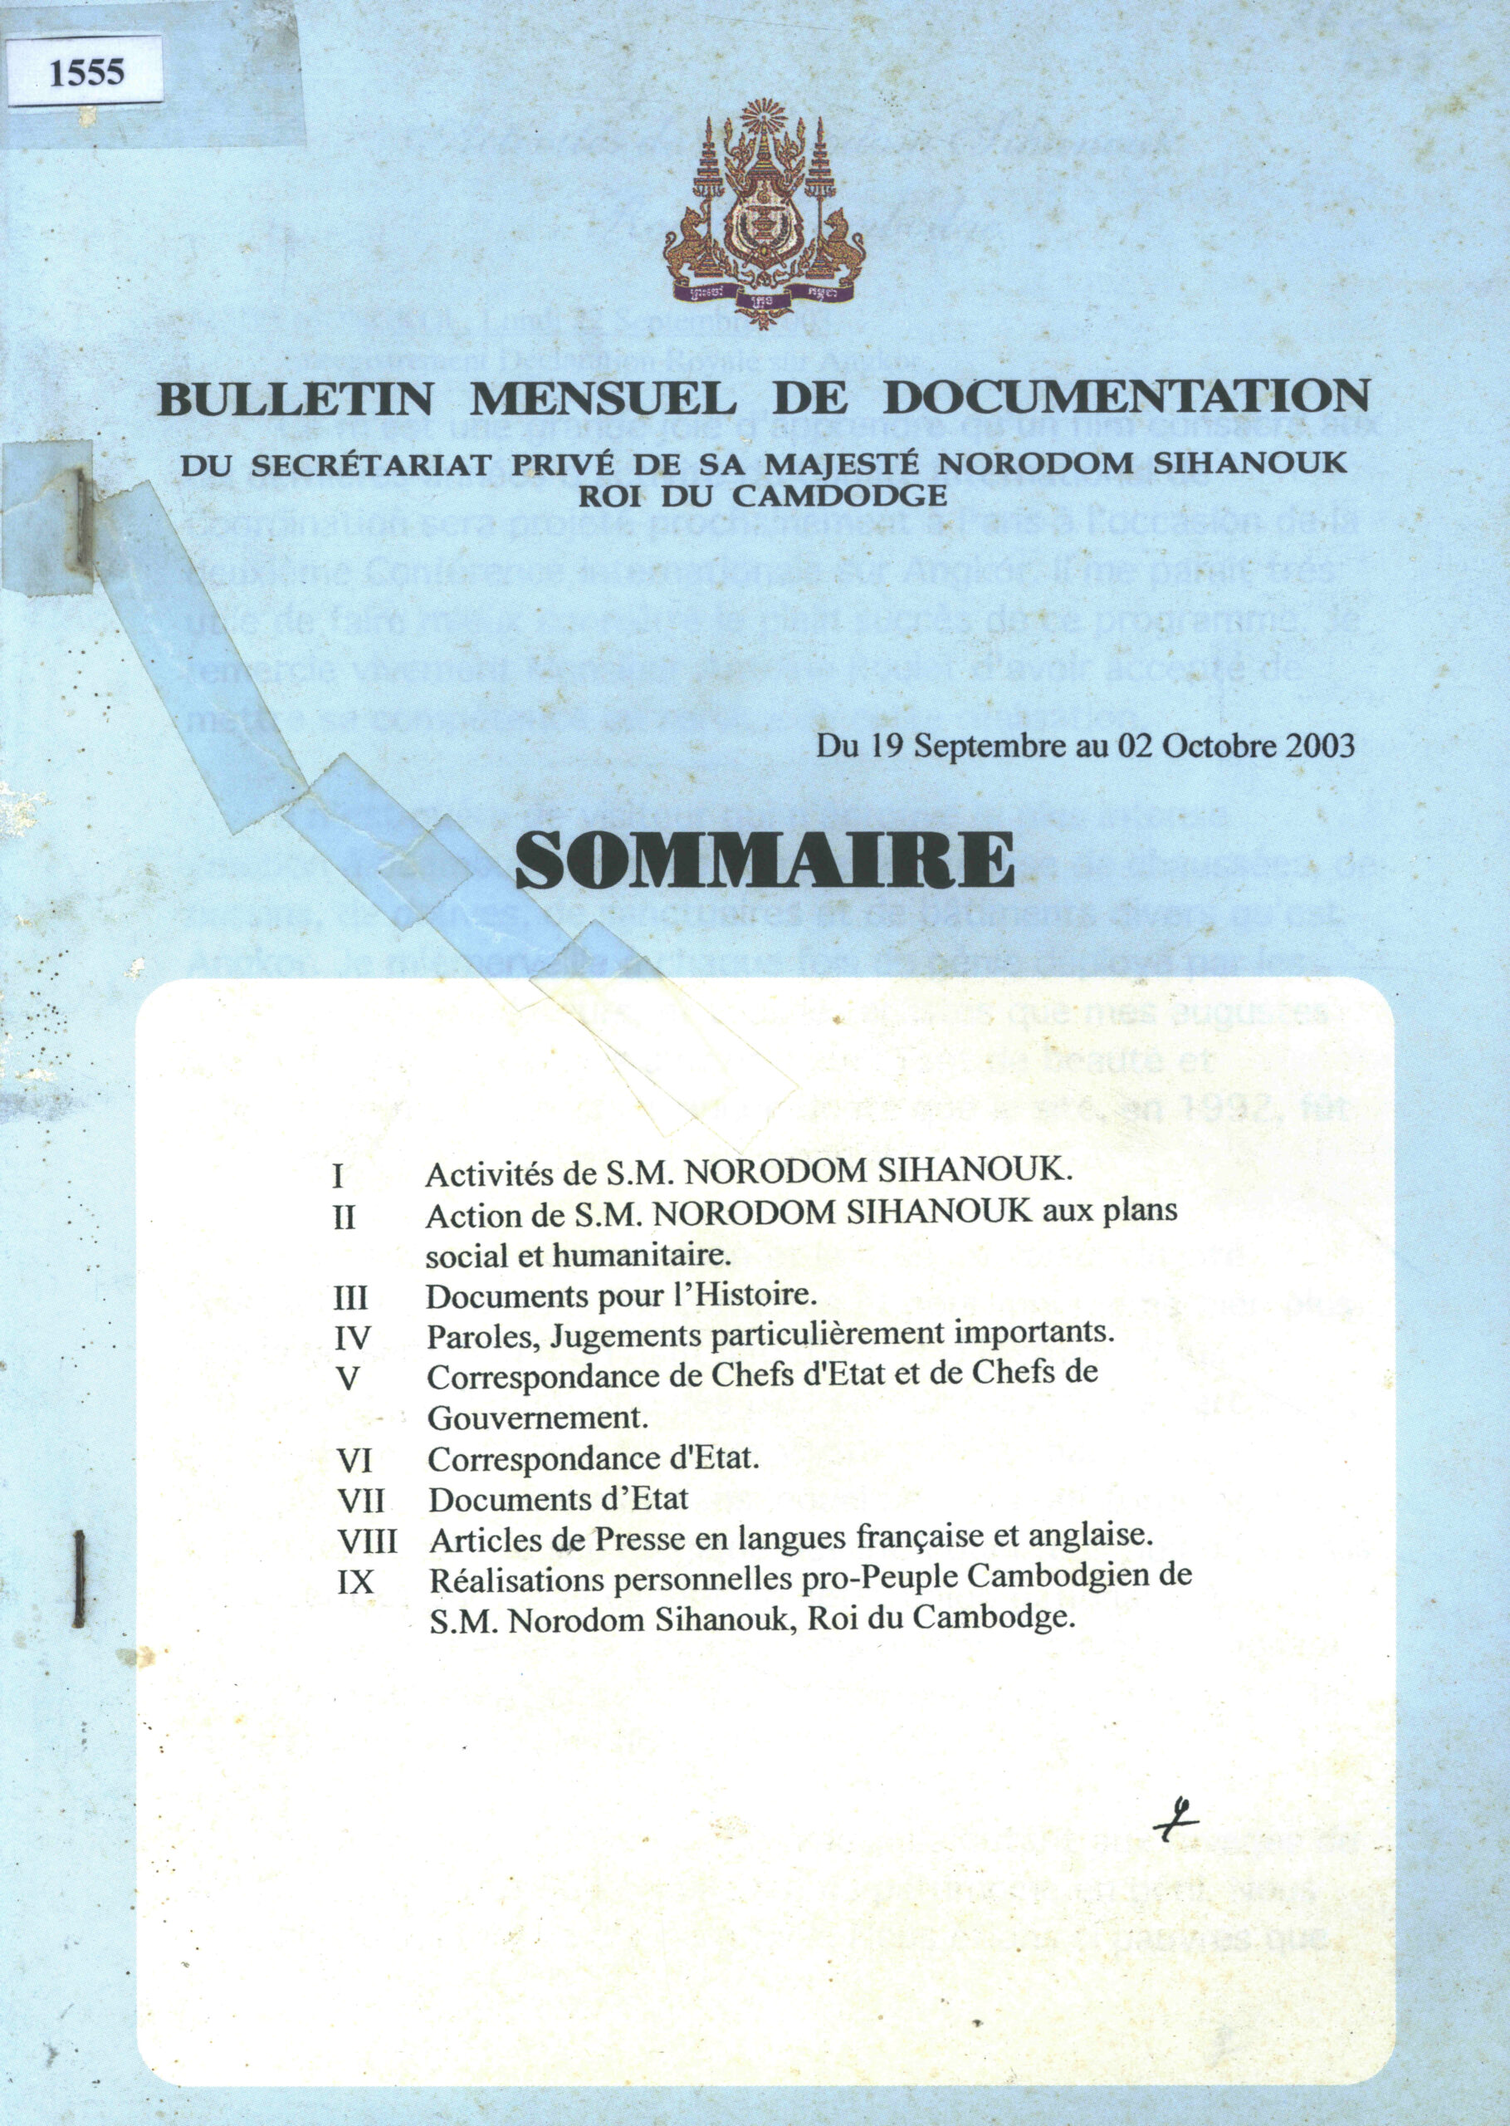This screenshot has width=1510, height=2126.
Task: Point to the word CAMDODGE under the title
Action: tap(853, 496)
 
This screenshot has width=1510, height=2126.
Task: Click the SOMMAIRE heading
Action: tap(764, 860)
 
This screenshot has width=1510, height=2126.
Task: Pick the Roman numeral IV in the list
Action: tap(353, 1338)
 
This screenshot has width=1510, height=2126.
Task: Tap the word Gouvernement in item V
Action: tap(536, 1418)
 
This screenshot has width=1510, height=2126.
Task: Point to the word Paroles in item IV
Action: tap(481, 1336)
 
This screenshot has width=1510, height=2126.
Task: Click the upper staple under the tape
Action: tap(85, 521)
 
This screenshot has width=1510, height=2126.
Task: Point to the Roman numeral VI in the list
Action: tap(354, 1460)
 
